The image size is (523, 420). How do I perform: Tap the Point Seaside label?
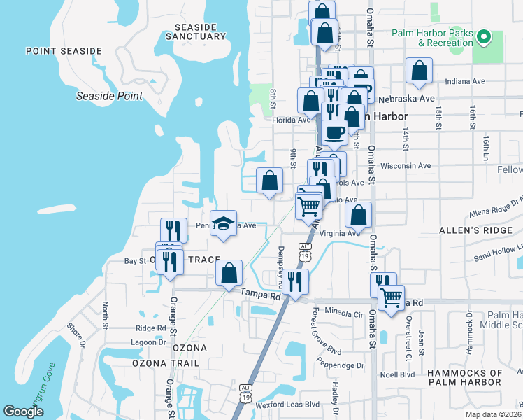pyautogui.click(x=64, y=51)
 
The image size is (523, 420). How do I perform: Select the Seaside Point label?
pyautogui.click(x=109, y=96)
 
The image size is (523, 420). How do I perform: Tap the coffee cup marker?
pyautogui.click(x=334, y=132)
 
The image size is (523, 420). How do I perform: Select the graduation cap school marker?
pyautogui.click(x=223, y=223)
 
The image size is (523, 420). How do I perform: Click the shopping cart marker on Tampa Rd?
pyautogui.click(x=391, y=296)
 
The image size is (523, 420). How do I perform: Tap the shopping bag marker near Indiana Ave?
pyautogui.click(x=418, y=71)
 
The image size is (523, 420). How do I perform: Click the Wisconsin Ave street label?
pyautogui.click(x=406, y=166)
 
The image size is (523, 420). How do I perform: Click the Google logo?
pyautogui.click(x=24, y=411)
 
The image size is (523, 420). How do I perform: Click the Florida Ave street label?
pyautogui.click(x=291, y=120)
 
